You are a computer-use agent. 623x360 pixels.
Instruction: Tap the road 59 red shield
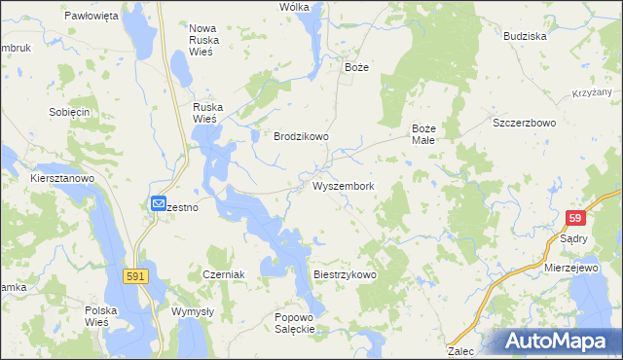click(x=576, y=220)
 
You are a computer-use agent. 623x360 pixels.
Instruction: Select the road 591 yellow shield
click(x=137, y=277)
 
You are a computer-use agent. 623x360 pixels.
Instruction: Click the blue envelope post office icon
click(x=159, y=203)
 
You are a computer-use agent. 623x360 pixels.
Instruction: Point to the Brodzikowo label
click(x=301, y=137)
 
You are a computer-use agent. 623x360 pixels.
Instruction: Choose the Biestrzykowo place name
click(x=345, y=275)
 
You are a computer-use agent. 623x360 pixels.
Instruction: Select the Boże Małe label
click(x=428, y=133)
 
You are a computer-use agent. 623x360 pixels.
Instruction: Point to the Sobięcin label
click(x=69, y=112)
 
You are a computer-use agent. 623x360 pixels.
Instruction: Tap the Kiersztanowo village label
click(x=60, y=179)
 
